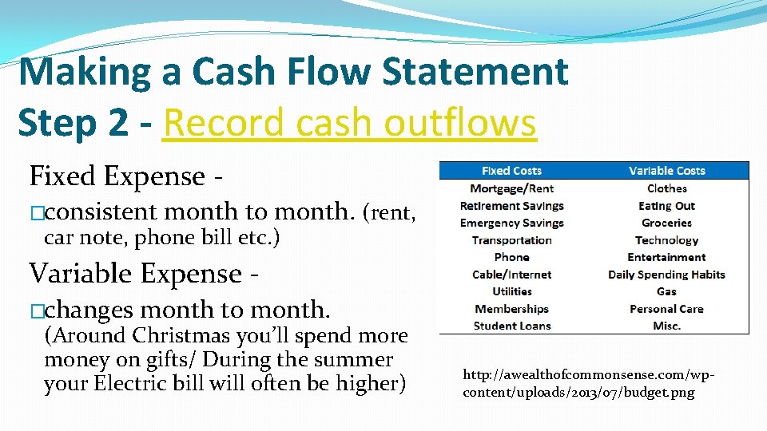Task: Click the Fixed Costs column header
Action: tap(511, 171)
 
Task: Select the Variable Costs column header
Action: tap(666, 171)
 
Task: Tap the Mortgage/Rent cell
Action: tap(511, 188)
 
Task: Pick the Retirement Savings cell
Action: tap(511, 206)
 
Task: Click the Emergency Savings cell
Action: tap(511, 223)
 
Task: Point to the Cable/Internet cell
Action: tap(511, 275)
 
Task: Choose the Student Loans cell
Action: tap(511, 326)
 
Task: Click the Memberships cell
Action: tap(511, 309)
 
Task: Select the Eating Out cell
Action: tap(666, 206)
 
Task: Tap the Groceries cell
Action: tap(666, 223)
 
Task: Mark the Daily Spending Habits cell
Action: tap(666, 275)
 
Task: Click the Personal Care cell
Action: tap(666, 309)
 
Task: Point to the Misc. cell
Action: tap(666, 326)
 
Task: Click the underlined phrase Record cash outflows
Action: tap(348, 123)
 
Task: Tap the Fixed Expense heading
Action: tap(125, 176)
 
